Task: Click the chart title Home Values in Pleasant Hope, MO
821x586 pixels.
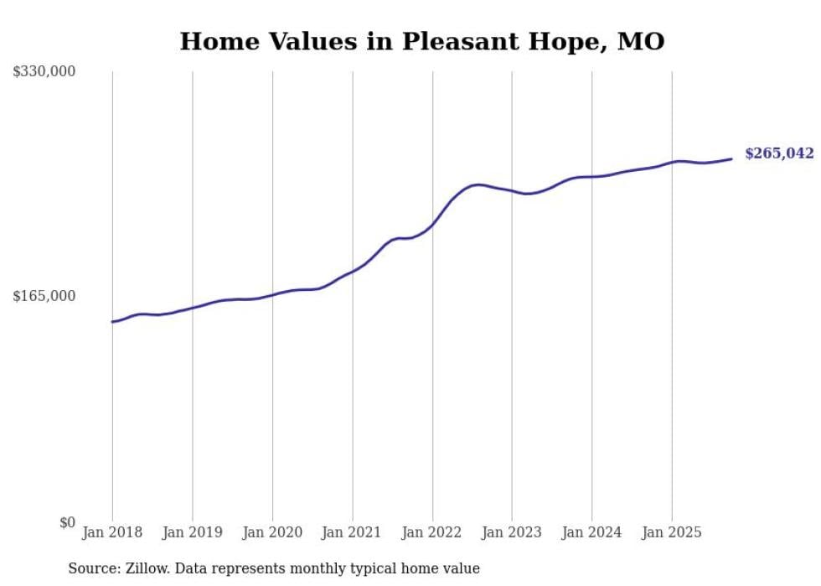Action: [x=422, y=41]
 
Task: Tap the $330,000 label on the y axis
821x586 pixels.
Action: [x=44, y=72]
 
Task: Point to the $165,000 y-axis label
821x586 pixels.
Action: [x=44, y=296]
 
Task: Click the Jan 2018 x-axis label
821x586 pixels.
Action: [x=112, y=532]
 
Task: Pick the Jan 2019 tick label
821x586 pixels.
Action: [x=193, y=532]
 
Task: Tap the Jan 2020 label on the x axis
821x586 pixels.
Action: [x=272, y=532]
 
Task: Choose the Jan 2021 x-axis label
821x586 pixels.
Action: [x=352, y=532]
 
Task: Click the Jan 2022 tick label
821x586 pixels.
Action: [x=432, y=532]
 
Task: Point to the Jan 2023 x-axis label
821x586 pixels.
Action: [x=512, y=532]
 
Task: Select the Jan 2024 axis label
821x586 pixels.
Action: [x=591, y=532]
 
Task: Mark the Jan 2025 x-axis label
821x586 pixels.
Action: [x=671, y=532]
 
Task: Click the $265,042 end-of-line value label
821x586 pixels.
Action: [x=779, y=153]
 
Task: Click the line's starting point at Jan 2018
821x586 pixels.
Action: [x=112, y=322]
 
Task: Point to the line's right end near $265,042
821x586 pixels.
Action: [x=731, y=158]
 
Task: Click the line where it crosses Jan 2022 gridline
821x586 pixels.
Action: [x=432, y=224]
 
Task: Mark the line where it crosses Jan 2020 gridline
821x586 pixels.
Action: [x=272, y=294]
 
